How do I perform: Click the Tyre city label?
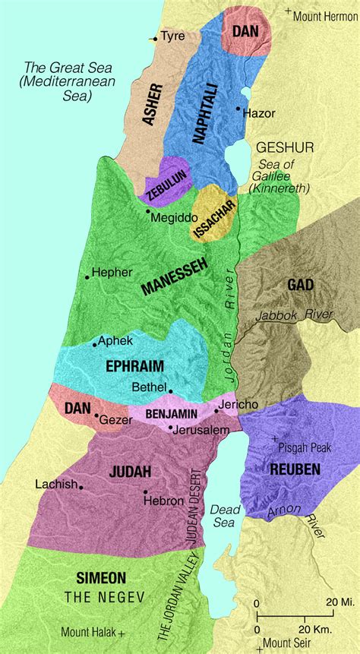pos(172,36)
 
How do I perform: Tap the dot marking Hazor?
pos(238,110)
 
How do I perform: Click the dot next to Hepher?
pos(87,277)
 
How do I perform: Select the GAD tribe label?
pos(300,285)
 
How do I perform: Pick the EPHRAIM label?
pos(136,365)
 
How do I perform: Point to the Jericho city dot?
pos(217,410)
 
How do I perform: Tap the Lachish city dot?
pos(81,487)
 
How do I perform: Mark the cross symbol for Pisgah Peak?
pos(274,439)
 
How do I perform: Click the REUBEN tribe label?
pos(295,469)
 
